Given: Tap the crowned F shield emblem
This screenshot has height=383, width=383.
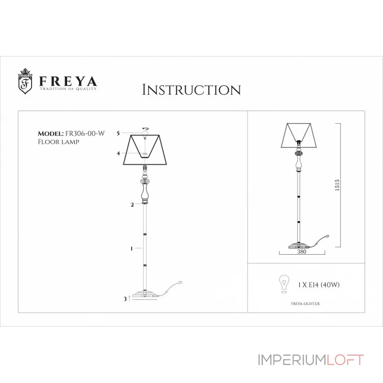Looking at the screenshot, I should point(25,82).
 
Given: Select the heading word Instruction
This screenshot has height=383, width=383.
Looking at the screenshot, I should point(191,90).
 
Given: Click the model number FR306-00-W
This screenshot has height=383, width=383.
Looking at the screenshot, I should point(84,134).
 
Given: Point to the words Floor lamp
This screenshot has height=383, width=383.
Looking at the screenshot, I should point(58,142).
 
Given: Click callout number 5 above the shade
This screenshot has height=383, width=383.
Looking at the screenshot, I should point(118,134).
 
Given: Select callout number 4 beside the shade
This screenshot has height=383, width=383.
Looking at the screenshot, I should point(118,153).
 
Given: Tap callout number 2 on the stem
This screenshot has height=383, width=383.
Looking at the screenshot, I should point(132,205).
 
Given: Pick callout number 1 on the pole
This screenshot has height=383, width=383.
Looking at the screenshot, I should point(132,248).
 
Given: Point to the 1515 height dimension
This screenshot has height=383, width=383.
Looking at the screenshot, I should point(337,184).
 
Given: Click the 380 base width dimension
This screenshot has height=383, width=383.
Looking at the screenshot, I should point(302,251).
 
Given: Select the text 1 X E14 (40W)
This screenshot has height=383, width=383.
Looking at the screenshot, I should point(319,285).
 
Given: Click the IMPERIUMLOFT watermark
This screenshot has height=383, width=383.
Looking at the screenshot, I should point(311,360).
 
